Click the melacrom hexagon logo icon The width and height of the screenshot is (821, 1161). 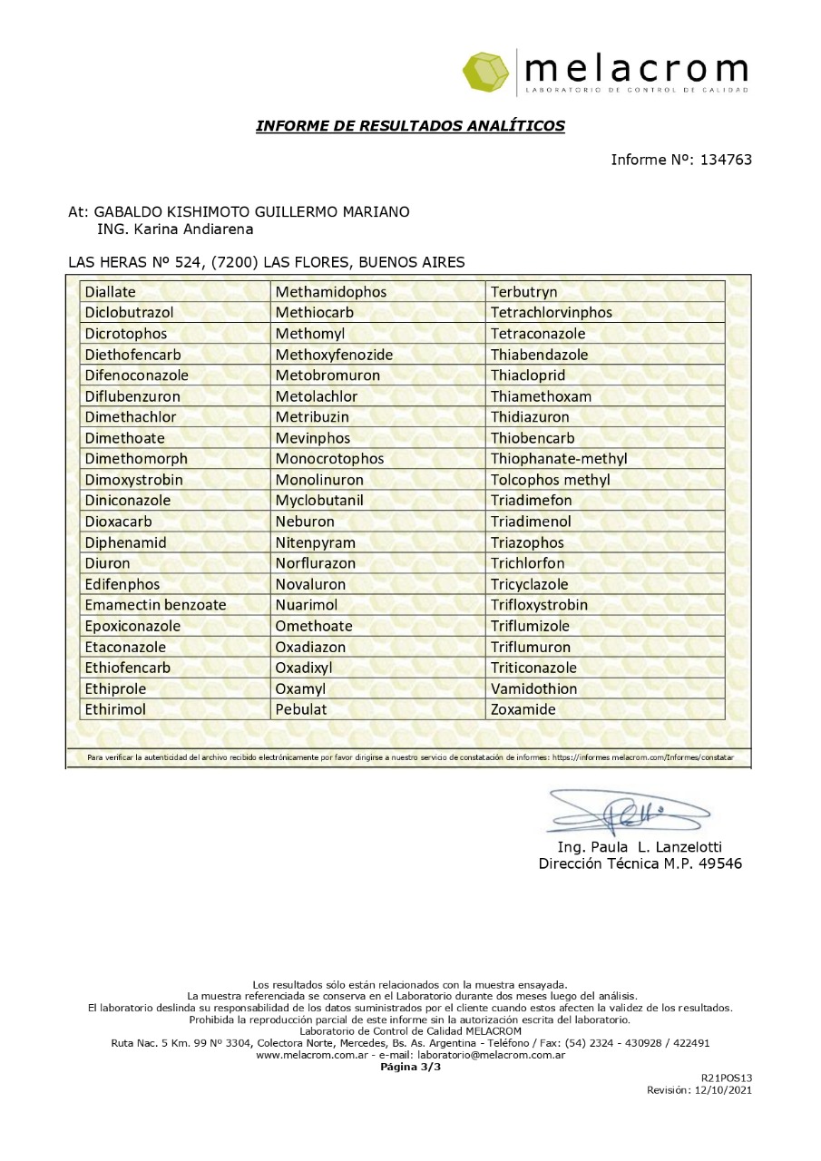point(487,72)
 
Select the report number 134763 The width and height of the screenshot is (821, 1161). point(723,160)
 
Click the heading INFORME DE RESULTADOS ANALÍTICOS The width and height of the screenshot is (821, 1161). point(410,125)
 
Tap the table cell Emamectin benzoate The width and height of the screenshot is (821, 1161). point(155,605)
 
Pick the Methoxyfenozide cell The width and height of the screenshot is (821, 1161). point(334,355)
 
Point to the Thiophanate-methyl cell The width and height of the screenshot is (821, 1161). point(559,459)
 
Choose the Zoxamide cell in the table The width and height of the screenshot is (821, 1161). point(523,709)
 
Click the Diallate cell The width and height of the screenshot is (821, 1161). point(110,292)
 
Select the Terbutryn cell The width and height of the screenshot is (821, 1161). point(524,292)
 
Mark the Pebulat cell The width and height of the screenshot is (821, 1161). point(301,709)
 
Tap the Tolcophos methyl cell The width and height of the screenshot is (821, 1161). point(551,480)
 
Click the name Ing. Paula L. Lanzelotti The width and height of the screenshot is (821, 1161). point(640,847)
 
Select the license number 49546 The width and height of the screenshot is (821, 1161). point(717,863)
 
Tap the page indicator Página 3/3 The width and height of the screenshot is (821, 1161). point(410,1067)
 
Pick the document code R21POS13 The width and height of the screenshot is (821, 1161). point(727,1078)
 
